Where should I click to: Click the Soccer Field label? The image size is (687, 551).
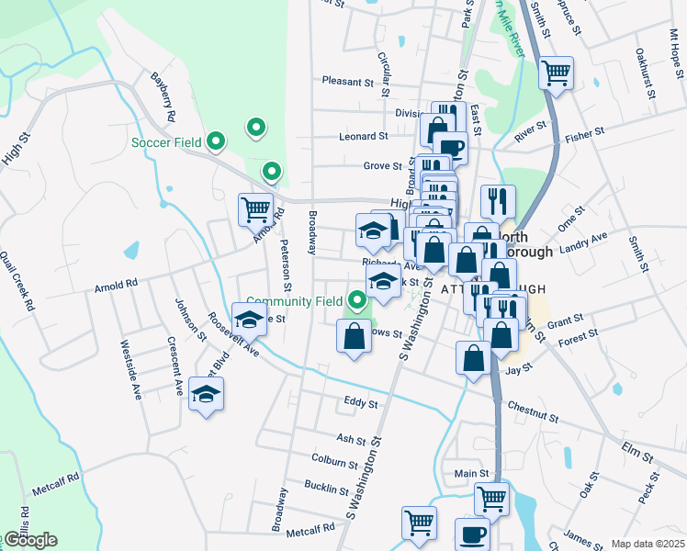[165, 141]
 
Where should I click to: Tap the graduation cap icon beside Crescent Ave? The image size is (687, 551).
[207, 394]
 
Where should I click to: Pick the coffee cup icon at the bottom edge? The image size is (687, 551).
[472, 534]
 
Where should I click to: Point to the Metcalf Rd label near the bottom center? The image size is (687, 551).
[310, 529]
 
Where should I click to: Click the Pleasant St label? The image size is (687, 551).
[348, 81]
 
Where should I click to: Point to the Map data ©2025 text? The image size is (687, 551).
[648, 544]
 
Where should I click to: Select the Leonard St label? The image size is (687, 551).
[363, 136]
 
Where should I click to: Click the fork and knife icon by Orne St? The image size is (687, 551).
[499, 201]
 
